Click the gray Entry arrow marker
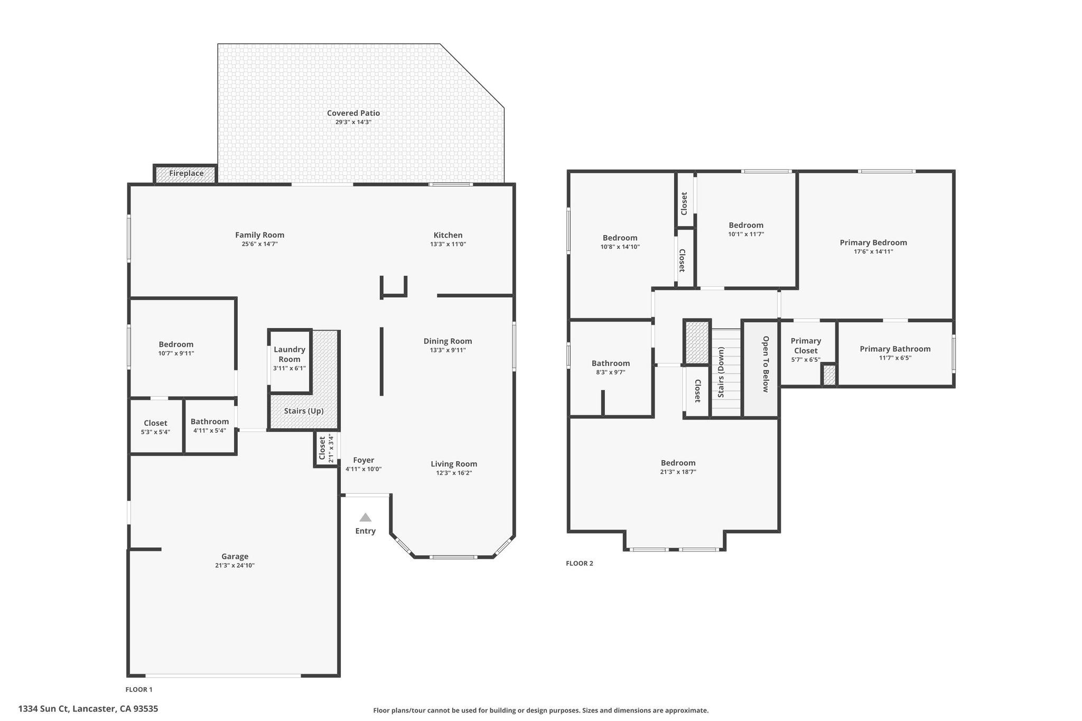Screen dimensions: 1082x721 pos(366,517)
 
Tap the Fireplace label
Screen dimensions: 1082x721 pos(186,173)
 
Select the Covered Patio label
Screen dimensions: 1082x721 pos(353,113)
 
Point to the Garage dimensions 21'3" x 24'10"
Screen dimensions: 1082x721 pos(235,565)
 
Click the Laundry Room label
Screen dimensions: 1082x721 pos(290,354)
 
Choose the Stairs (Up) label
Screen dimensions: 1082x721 pos(304,411)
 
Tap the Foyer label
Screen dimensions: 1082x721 pos(363,460)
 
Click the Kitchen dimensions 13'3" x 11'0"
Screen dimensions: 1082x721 pos(448,244)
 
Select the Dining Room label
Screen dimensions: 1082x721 pos(448,341)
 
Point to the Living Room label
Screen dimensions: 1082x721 pos(454,464)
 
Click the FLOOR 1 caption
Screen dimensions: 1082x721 pos(139,689)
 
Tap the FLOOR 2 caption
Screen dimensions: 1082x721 pos(580,563)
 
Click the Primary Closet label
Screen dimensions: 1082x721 pos(806,345)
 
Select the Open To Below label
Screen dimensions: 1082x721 pos(766,364)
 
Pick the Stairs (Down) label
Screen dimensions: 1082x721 pos(721,372)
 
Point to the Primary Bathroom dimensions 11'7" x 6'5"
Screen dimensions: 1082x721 pos(896,358)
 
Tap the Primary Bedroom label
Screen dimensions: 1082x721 pos(873,243)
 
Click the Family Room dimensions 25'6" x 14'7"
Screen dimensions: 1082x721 pos(260,244)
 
